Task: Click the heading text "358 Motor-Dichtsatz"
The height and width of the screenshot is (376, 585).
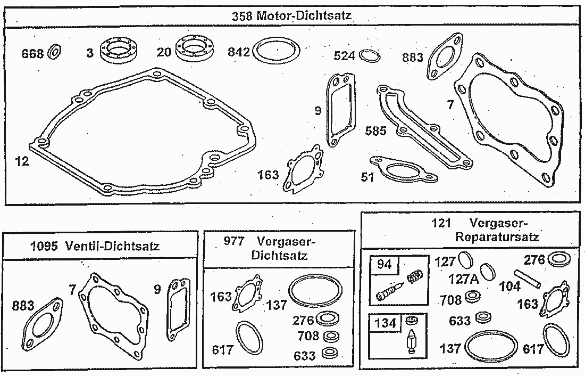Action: (291, 15)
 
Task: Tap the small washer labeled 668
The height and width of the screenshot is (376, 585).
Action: (55, 52)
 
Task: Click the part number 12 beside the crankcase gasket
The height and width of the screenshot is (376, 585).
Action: (22, 161)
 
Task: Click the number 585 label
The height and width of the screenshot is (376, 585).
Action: (375, 131)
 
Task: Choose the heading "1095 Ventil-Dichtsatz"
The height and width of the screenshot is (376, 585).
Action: (95, 246)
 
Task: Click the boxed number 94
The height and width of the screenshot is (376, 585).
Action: (385, 264)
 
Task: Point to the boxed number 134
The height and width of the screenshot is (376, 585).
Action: (386, 323)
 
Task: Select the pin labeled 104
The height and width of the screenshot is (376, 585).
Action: (527, 279)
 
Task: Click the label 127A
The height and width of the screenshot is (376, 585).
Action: (463, 279)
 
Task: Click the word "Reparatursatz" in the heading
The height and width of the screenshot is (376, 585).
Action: (497, 236)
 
